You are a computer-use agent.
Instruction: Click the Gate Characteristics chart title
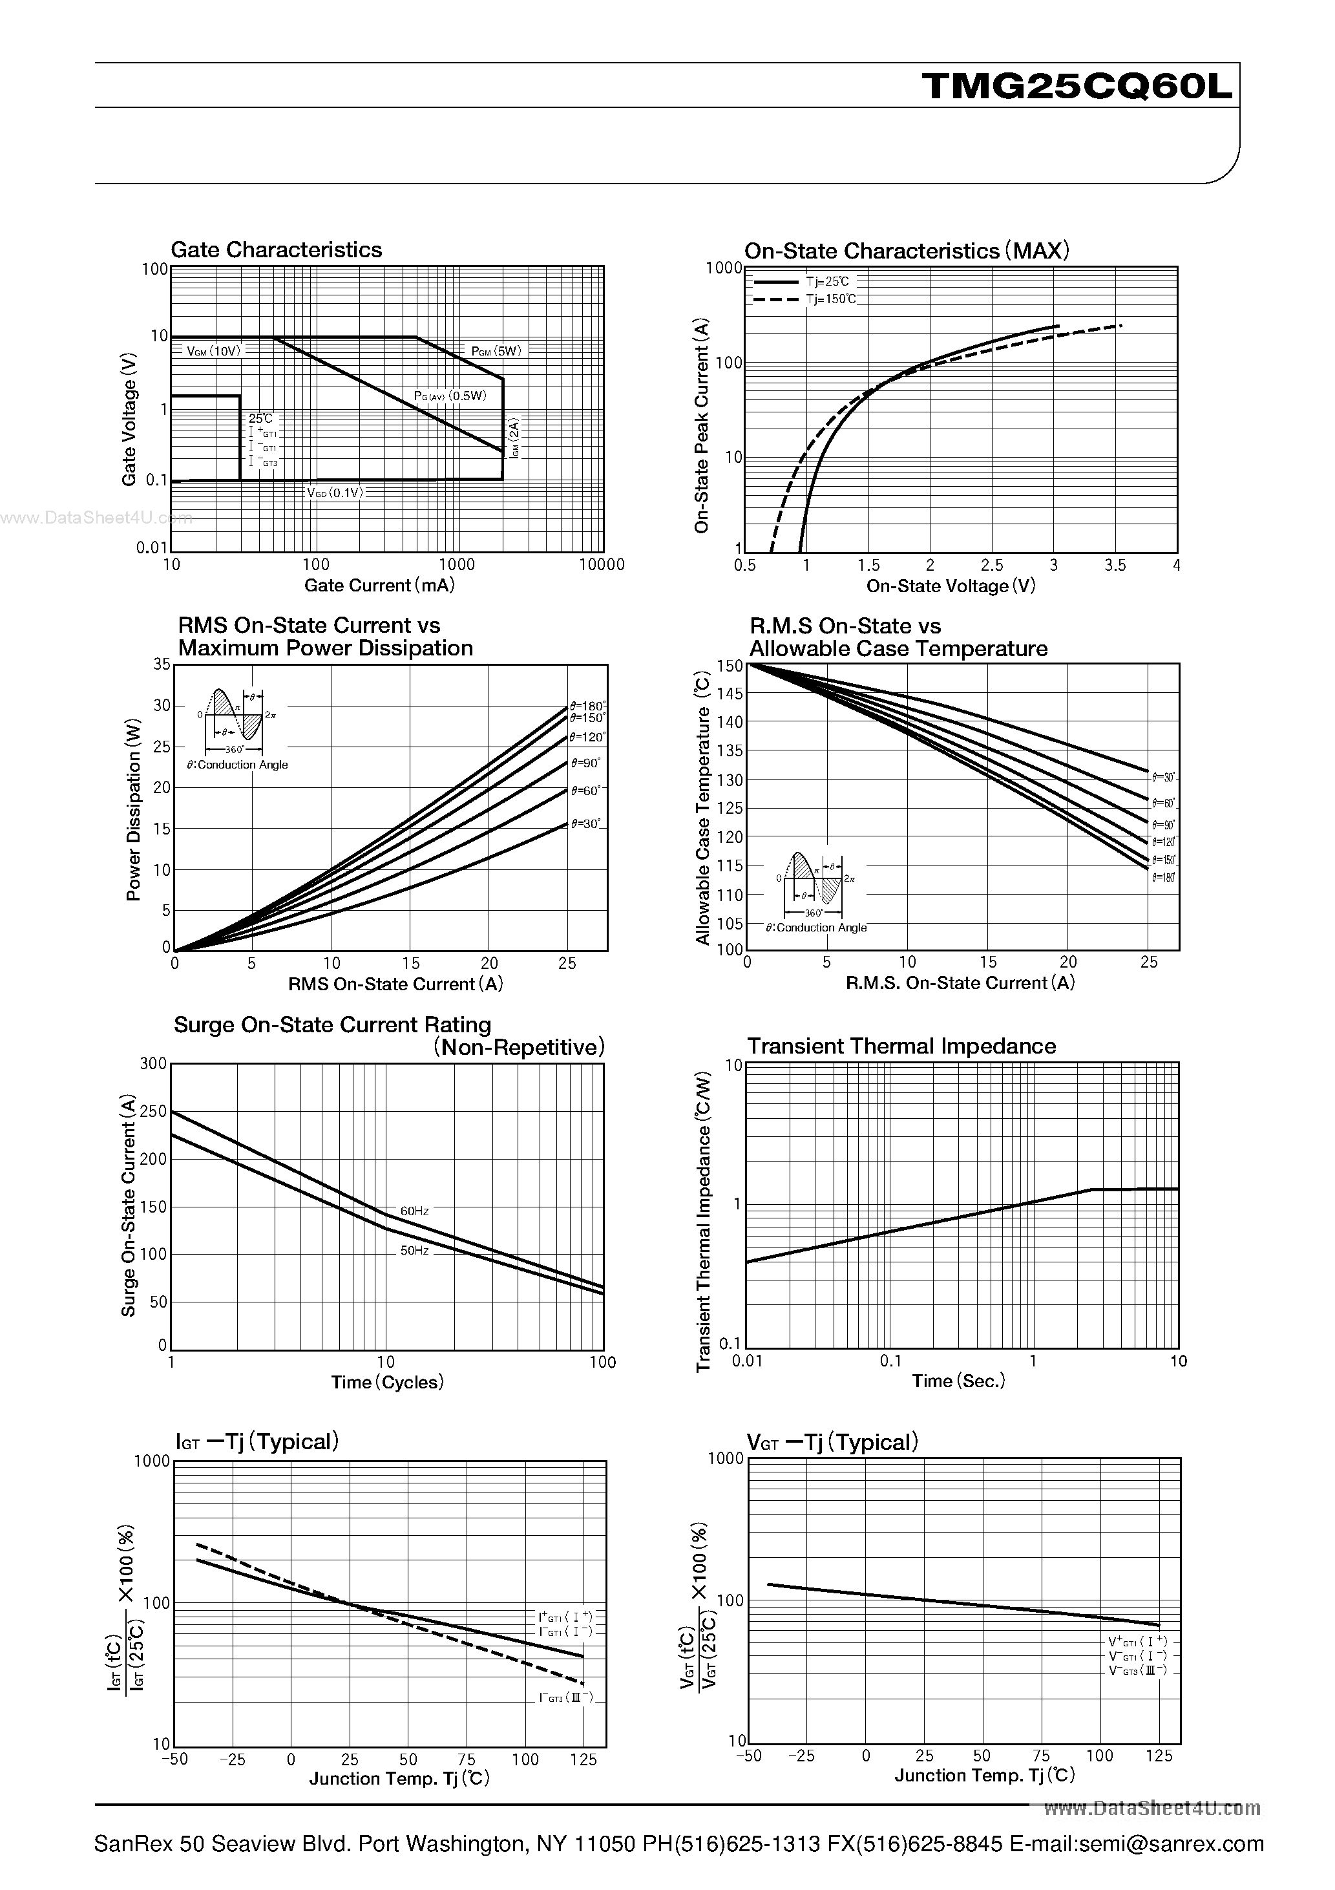(x=276, y=250)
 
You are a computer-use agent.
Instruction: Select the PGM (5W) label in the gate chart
(x=496, y=351)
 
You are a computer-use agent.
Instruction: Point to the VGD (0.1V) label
(x=334, y=493)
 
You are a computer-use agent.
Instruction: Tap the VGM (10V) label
(x=213, y=351)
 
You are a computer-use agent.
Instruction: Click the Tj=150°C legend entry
(x=830, y=299)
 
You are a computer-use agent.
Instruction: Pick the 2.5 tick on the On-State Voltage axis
(x=992, y=565)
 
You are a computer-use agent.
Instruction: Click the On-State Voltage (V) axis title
(x=951, y=586)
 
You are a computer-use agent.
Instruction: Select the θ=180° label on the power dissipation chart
(x=587, y=705)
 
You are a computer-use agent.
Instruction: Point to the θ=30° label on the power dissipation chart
(x=585, y=823)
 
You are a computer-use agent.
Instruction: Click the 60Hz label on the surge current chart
(x=414, y=1211)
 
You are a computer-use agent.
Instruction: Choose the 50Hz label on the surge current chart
(x=414, y=1249)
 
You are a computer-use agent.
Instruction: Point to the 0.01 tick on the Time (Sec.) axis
(x=748, y=1361)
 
